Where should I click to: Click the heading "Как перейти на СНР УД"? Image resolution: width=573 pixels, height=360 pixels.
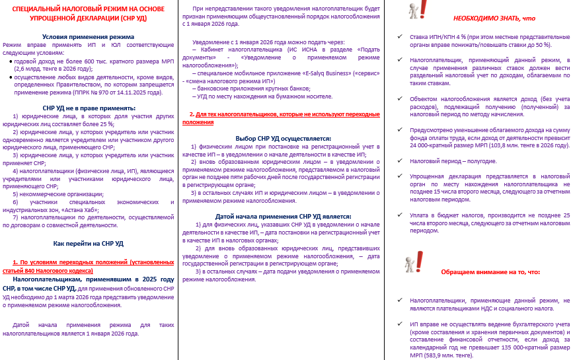pos(87,243)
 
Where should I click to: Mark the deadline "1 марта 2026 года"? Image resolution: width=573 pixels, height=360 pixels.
pos(98,296)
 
